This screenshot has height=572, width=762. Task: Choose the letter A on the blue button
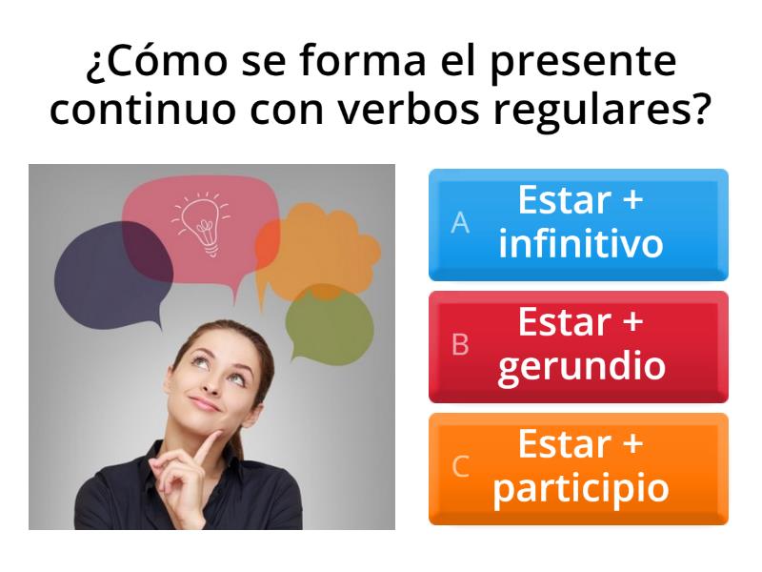coord(460,223)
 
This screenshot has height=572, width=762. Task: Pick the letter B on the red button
coord(460,345)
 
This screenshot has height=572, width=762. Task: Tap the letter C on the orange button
coord(460,467)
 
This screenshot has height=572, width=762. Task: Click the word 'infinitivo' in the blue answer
coord(580,245)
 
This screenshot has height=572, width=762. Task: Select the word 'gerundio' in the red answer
coord(580,367)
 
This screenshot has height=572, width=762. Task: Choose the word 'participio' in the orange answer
coord(580,489)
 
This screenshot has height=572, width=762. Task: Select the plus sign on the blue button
coord(631,201)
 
